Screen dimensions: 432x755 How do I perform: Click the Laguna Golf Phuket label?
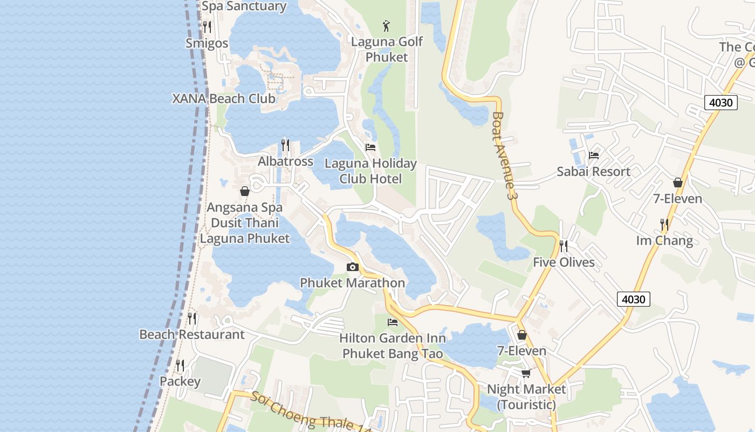pyautogui.click(x=387, y=49)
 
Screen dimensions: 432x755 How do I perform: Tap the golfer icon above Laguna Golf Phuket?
pyautogui.click(x=386, y=25)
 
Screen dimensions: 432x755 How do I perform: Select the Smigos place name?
pyautogui.click(x=207, y=43)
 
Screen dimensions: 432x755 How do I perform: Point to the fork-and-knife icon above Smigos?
pyautogui.click(x=207, y=26)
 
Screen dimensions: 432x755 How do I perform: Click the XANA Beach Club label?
pyautogui.click(x=224, y=99)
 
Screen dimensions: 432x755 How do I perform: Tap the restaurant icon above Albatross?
pyautogui.click(x=285, y=145)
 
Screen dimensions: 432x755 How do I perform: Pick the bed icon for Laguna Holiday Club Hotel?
pyautogui.click(x=370, y=147)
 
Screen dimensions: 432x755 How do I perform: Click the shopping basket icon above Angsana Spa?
pyautogui.click(x=245, y=191)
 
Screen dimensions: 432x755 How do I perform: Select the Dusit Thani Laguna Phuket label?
pyautogui.click(x=245, y=231)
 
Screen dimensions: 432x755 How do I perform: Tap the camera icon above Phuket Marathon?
pyautogui.click(x=353, y=267)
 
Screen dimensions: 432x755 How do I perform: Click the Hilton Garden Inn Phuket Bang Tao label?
pyautogui.click(x=393, y=346)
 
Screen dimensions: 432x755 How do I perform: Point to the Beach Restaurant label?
pyautogui.click(x=192, y=334)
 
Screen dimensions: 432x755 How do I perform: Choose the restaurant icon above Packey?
pyautogui.click(x=180, y=366)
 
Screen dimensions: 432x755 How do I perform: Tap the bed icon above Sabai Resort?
pyautogui.click(x=594, y=156)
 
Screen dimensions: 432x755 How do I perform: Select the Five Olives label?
pyautogui.click(x=564, y=262)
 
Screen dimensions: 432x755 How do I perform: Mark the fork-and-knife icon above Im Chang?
pyautogui.click(x=664, y=224)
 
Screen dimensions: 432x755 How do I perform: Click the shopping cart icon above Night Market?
pyautogui.click(x=526, y=373)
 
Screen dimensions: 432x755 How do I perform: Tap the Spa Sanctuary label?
pyautogui.click(x=244, y=6)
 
